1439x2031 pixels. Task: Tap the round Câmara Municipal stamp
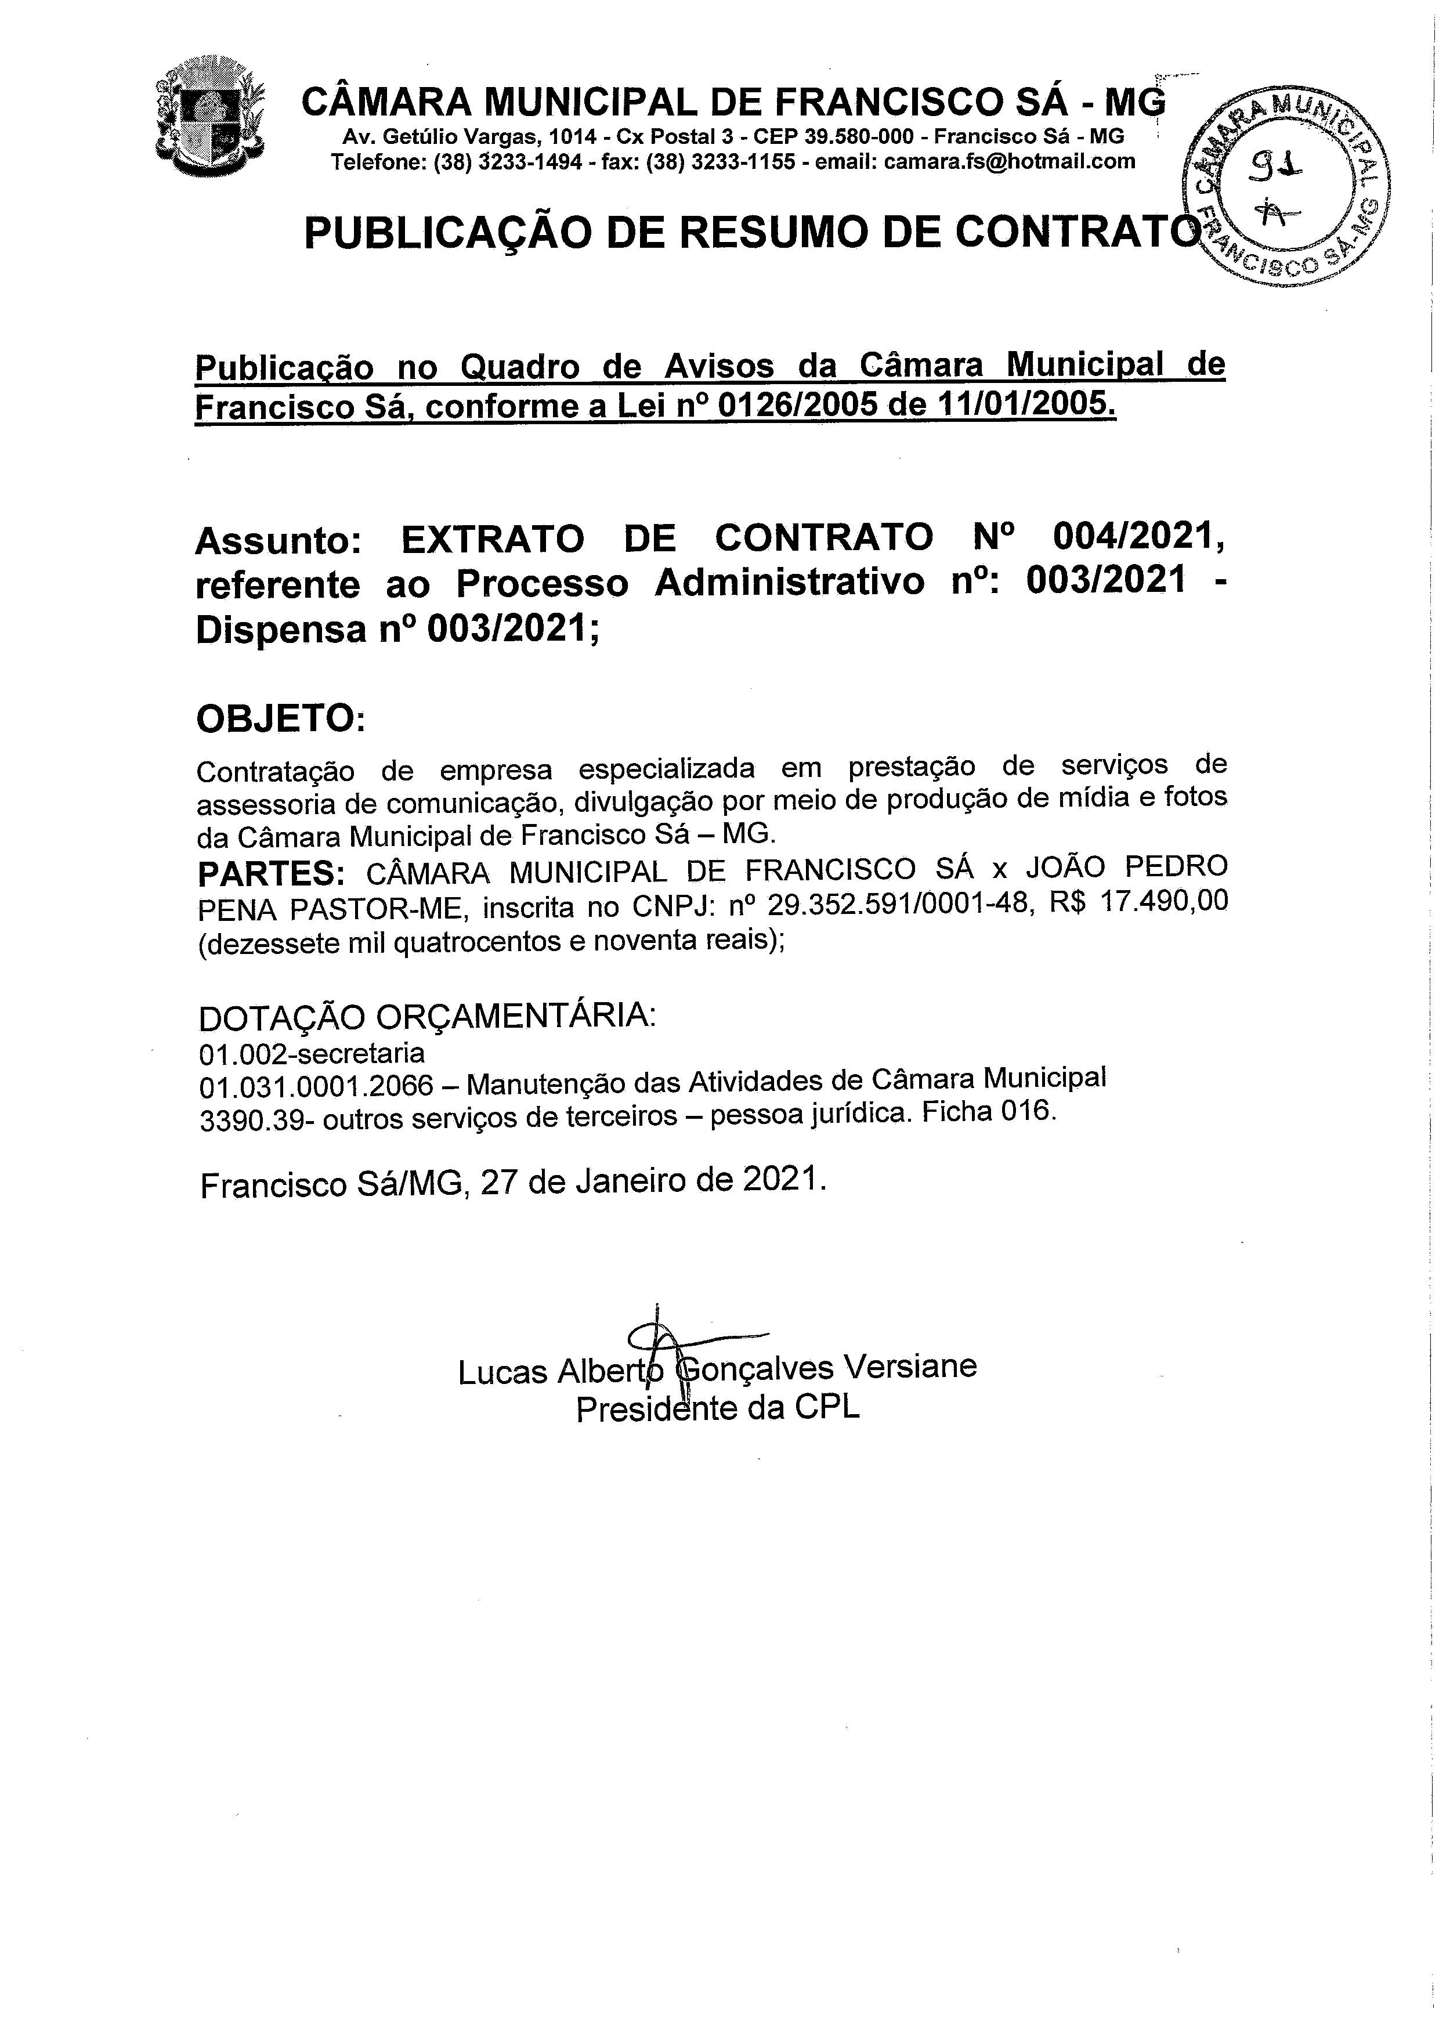click(x=1286, y=187)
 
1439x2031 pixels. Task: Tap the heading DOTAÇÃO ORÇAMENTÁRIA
click(x=427, y=1017)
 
